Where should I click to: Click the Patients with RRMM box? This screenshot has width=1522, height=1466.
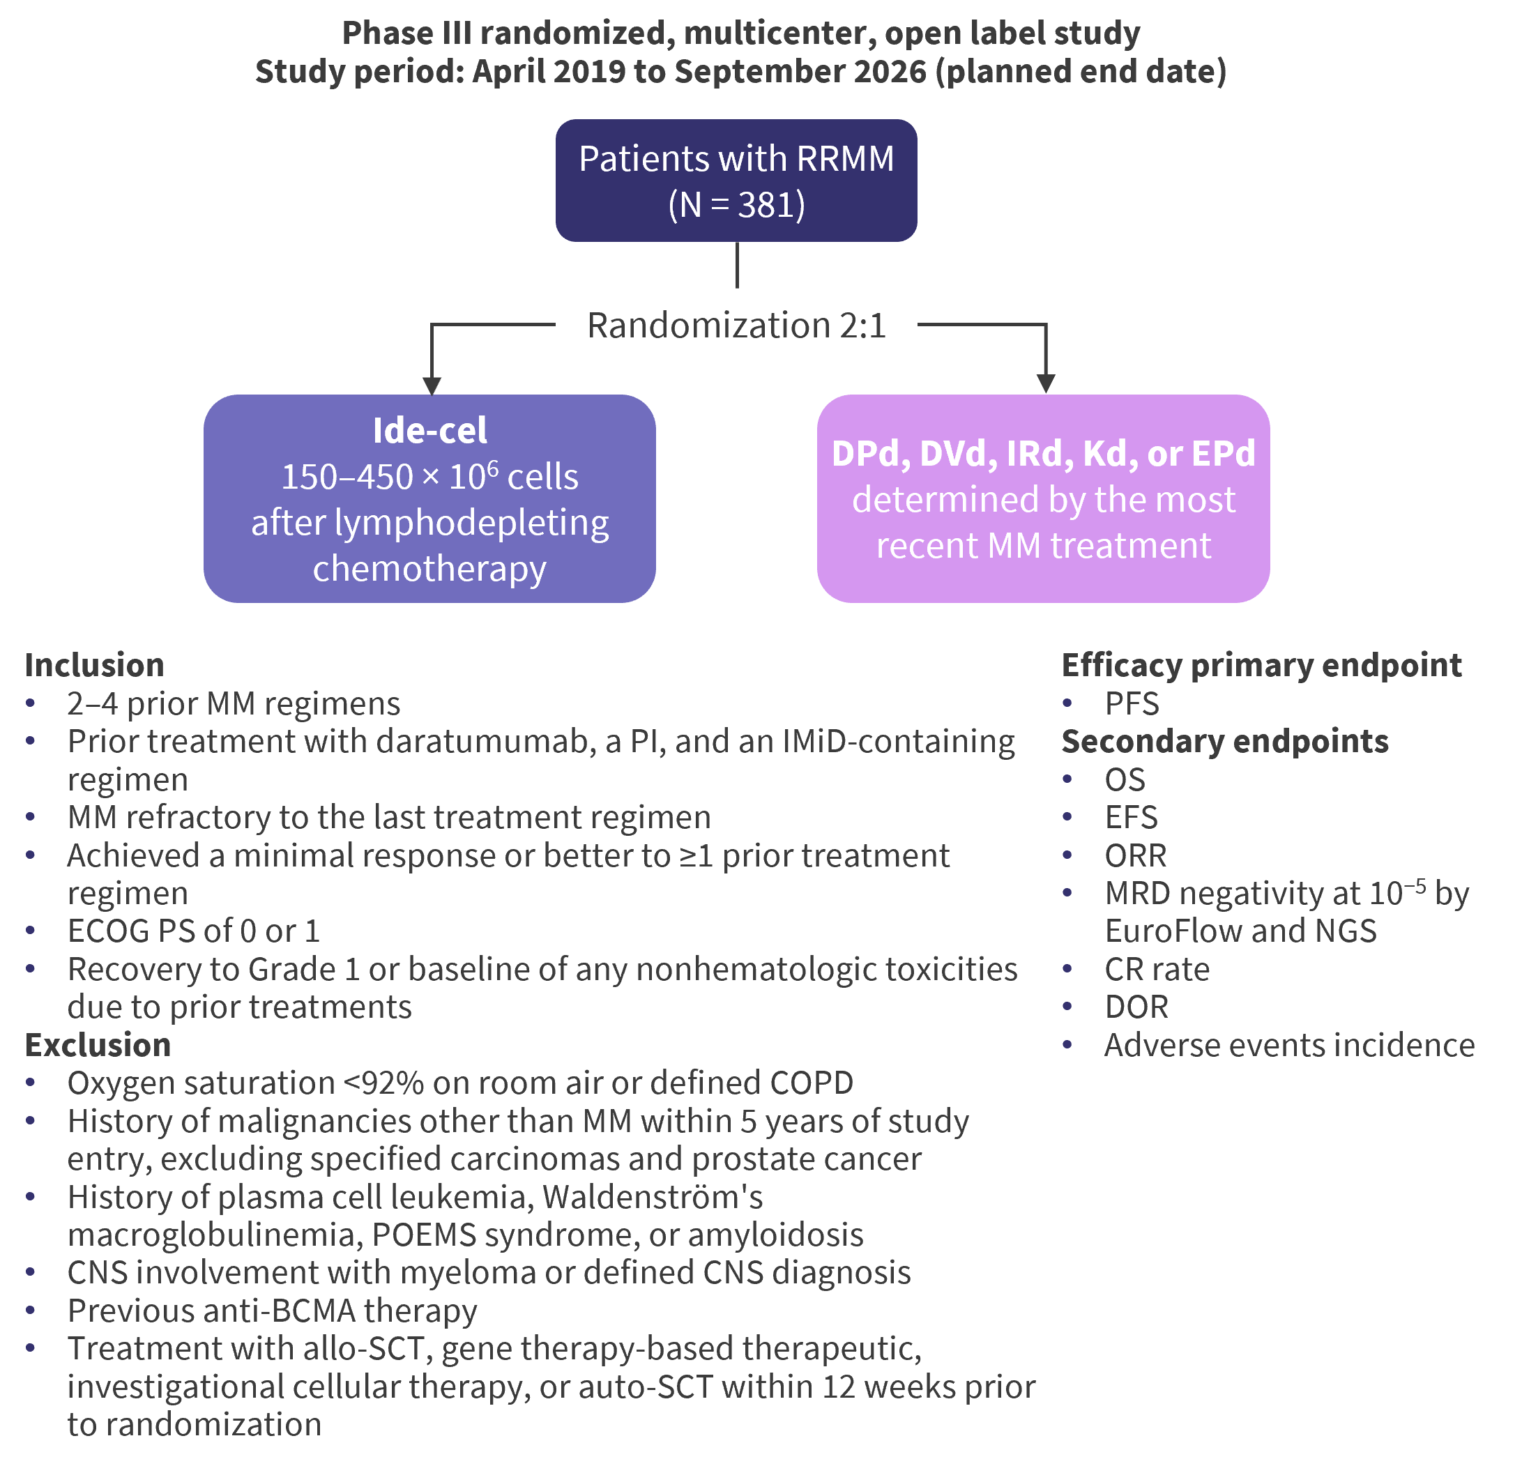pos(736,180)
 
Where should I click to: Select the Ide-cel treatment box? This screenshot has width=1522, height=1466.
pos(429,498)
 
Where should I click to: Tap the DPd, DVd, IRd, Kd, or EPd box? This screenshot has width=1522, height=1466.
pos(1043,498)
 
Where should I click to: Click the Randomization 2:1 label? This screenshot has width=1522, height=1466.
pos(736,326)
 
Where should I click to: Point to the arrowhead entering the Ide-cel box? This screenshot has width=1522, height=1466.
pos(432,386)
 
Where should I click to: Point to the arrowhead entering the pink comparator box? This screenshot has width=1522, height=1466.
pos(1046,383)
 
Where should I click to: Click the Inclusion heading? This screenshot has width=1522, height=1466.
pos(95,666)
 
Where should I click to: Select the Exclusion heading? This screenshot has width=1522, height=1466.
pos(98,1045)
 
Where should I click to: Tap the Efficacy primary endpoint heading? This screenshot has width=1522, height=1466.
pos(1261,666)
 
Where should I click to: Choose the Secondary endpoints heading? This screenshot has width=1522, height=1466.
pos(1224,742)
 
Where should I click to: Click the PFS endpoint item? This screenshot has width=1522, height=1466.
pos(1132,703)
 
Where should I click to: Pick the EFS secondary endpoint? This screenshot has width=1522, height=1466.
pos(1131,818)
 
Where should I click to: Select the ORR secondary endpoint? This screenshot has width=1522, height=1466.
pos(1135,855)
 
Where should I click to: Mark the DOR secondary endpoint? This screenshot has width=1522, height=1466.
pos(1136,1007)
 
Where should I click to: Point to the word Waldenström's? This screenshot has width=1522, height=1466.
pos(653,1198)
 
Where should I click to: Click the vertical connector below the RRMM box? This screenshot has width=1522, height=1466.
pos(737,266)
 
